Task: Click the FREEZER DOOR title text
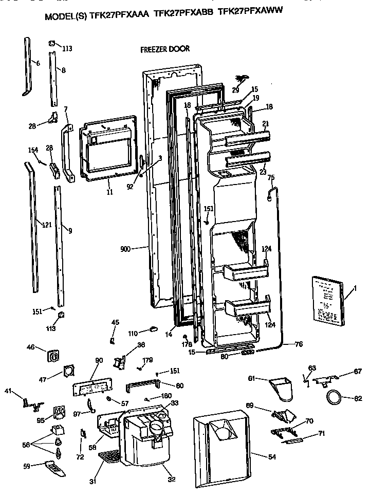pos(165,49)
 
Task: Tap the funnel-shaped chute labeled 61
pos(282,387)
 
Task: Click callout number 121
pos(47,225)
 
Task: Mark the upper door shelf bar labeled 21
pos(247,138)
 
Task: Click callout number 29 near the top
pos(236,90)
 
